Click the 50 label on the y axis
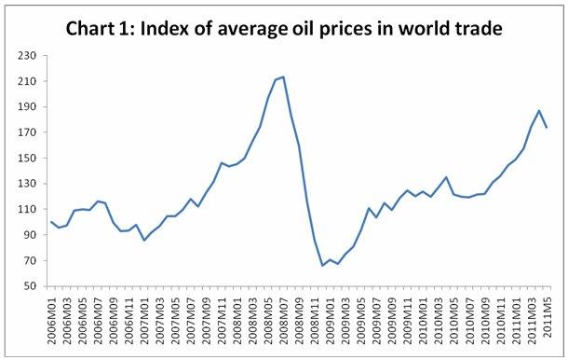pos(25,285)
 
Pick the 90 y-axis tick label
pos(25,234)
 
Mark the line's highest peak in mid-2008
pos(283,76)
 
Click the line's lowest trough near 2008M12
pos(321,266)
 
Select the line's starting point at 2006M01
pos(51,221)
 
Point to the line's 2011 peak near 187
pos(537,111)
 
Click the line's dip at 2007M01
pos(143,240)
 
